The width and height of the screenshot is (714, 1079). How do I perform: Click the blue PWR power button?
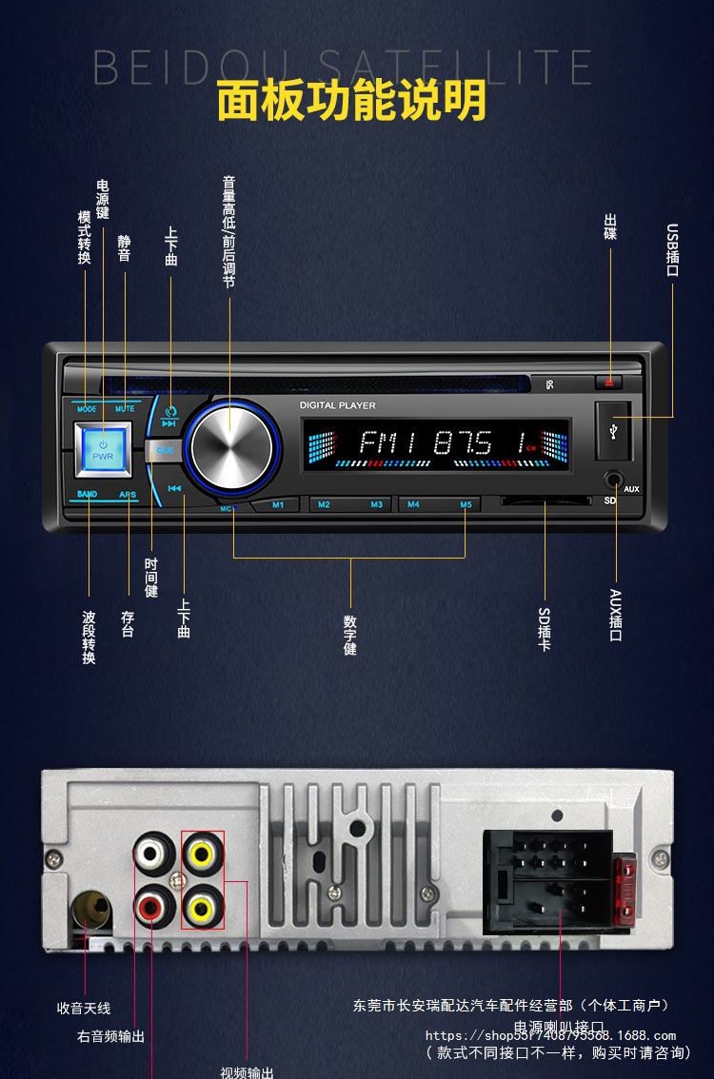pos(103,448)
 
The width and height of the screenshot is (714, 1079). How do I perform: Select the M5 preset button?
pos(466,504)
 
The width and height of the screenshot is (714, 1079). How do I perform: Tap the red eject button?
pos(608,383)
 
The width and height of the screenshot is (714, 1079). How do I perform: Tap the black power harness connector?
pos(547,880)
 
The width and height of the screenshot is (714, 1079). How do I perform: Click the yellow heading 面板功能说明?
pos(351,101)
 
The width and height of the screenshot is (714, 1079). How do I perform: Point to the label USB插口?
pos(673,249)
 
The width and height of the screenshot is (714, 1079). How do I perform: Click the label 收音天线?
pos(84,1008)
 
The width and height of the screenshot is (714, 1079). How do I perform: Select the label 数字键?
pos(350,635)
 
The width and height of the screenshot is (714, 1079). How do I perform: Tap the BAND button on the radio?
pos(87,495)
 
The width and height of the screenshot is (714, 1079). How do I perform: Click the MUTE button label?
pos(125,409)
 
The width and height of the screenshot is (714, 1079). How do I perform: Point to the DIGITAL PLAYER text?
pos(338,405)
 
